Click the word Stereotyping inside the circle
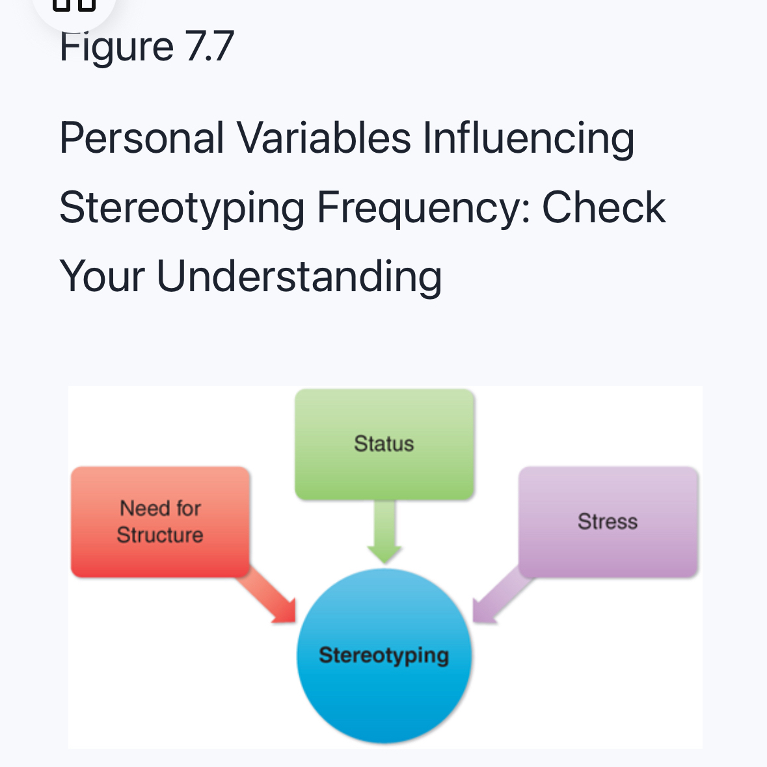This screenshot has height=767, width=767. tap(384, 655)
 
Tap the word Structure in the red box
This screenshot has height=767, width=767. tap(160, 535)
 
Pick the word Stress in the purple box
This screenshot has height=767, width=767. tap(608, 521)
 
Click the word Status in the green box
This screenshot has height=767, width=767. tap(384, 443)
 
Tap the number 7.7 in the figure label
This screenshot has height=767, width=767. tap(209, 46)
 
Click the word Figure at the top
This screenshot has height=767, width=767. tap(116, 46)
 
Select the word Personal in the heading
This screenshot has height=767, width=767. tap(142, 138)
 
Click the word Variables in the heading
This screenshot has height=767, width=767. tap(323, 138)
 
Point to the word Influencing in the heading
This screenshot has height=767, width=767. tap(528, 138)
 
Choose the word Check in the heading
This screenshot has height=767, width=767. tap(604, 207)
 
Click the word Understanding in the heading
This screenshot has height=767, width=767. tap(299, 276)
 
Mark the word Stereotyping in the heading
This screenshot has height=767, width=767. tap(182, 207)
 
